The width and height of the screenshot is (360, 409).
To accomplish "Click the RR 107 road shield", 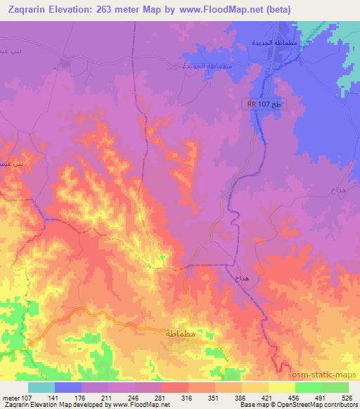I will pyautogui.click(x=262, y=104).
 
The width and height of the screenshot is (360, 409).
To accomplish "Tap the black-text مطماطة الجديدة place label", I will pyautogui.click(x=279, y=44).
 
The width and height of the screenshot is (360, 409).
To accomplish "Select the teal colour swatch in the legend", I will pyautogui.click(x=41, y=387).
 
